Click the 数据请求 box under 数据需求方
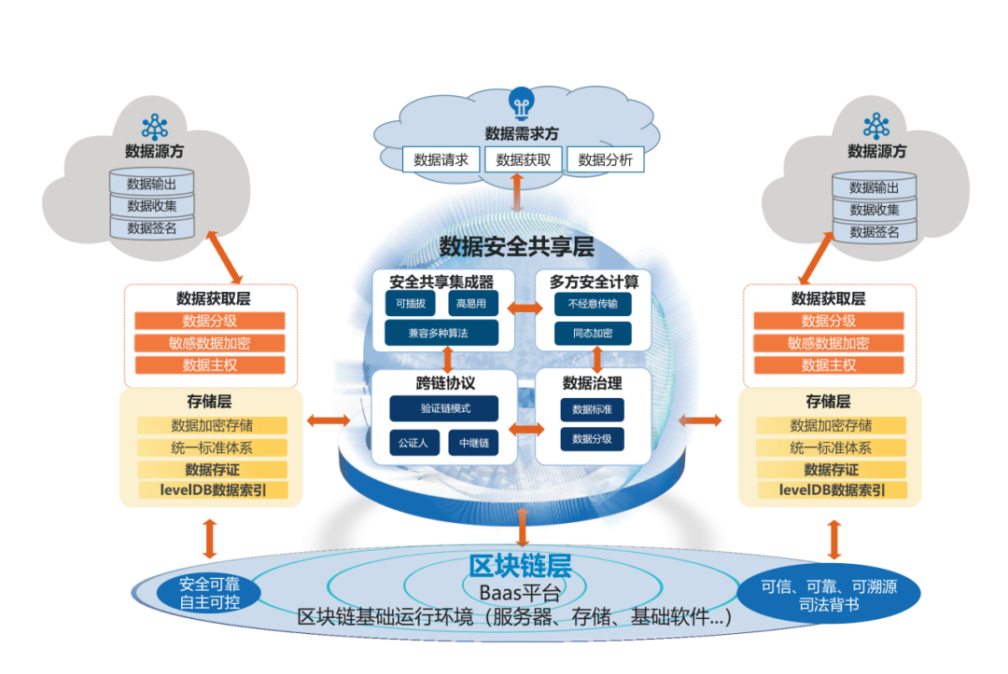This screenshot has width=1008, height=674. [441, 159]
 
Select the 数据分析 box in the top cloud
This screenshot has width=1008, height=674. [605, 159]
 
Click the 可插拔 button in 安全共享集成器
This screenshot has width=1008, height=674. [410, 304]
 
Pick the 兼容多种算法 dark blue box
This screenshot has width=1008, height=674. [441, 333]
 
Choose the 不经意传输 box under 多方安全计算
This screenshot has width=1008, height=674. [593, 304]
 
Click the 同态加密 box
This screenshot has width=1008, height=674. [593, 333]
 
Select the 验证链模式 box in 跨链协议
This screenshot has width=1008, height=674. [443, 408]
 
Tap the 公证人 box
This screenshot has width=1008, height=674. [413, 442]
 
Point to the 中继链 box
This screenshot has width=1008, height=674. [473, 442]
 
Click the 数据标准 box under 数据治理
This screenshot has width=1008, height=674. [592, 409]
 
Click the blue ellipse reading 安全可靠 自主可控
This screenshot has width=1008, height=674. [210, 593]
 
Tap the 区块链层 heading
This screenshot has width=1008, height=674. [519, 566]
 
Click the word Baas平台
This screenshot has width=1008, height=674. [519, 593]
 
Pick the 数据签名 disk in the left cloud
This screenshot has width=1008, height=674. [151, 227]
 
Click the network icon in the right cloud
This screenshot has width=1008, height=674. [876, 125]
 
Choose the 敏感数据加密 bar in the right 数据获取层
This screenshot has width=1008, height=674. [828, 343]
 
